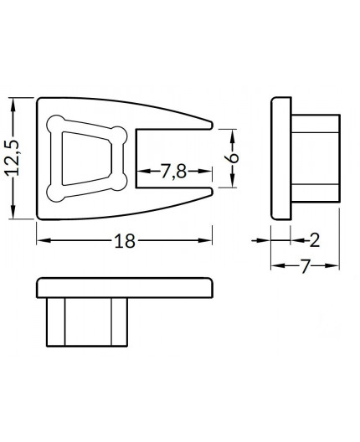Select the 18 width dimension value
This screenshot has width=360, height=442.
pos(124,241)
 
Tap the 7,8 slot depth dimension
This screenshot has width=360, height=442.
pos(173,172)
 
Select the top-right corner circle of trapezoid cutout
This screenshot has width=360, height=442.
pos(121,134)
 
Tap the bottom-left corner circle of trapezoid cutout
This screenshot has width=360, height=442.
pos(57,192)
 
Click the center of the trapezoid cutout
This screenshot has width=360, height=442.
pos(88,158)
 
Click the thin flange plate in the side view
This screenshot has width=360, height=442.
pos(280,158)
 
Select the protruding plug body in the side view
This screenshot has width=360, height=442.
pos(315,158)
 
